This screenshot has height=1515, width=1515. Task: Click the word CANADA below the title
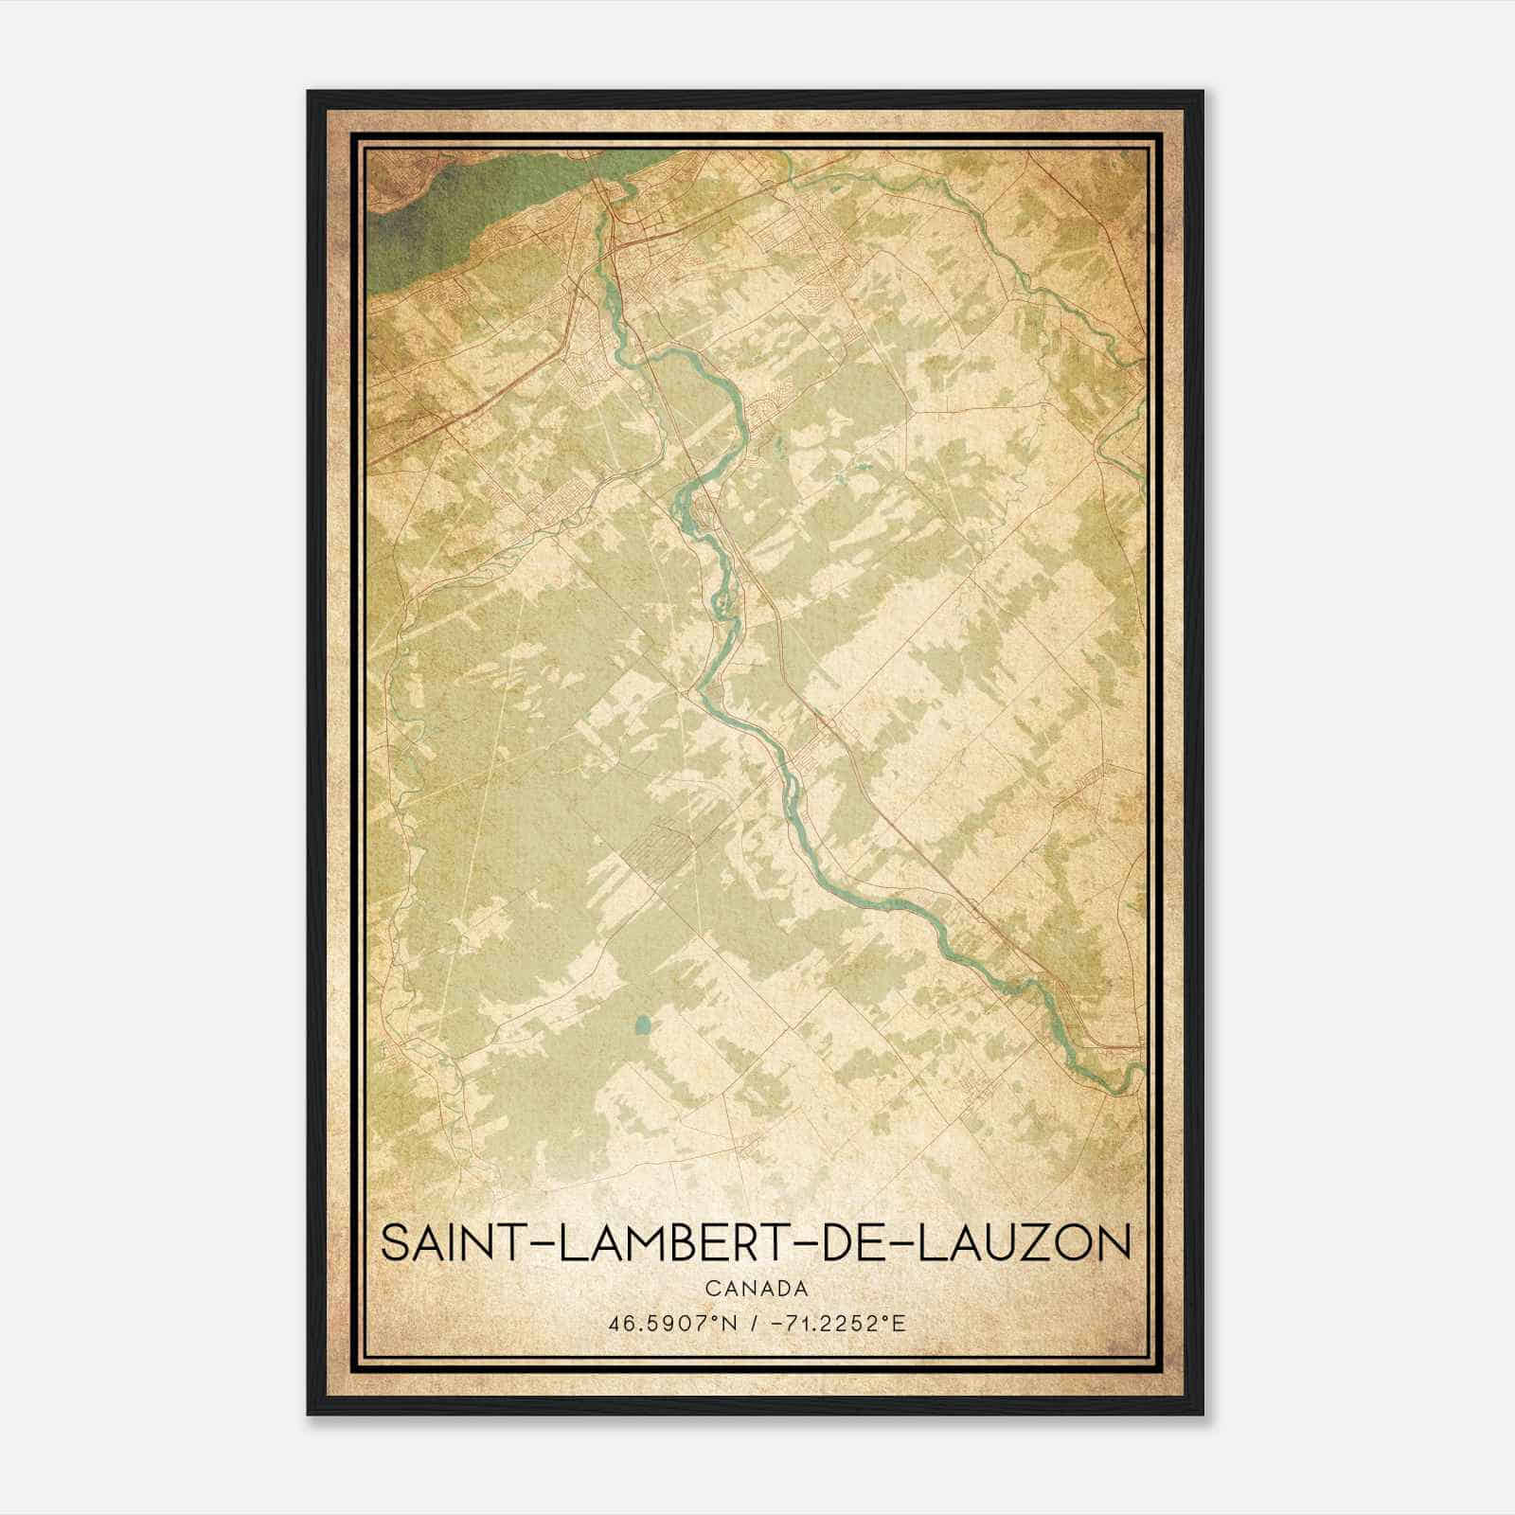pyautogui.click(x=757, y=1289)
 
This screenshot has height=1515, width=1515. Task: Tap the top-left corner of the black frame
pyautogui.click(x=310, y=93)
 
